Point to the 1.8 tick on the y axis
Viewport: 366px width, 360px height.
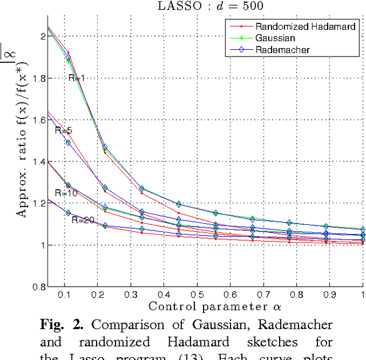click(38, 78)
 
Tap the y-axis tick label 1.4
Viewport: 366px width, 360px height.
click(38, 162)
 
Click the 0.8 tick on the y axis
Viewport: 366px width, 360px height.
click(38, 287)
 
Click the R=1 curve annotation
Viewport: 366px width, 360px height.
click(78, 77)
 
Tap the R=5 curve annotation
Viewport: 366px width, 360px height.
click(63, 130)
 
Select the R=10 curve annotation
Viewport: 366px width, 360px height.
click(66, 193)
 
